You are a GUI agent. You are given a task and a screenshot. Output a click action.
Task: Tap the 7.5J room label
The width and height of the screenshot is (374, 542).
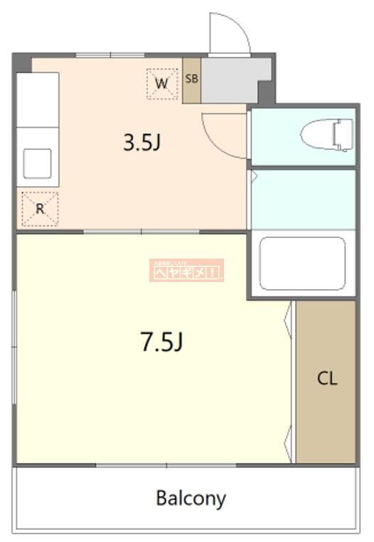[x=163, y=342]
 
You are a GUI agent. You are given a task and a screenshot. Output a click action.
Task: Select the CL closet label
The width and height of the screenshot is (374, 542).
[x=326, y=379]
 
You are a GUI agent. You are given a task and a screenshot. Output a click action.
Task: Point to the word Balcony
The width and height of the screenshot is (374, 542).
[x=191, y=498]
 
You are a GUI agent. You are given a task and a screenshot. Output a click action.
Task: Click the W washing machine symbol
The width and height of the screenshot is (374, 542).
[x=162, y=84]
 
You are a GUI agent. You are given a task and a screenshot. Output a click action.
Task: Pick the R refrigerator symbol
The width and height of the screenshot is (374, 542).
[x=40, y=209]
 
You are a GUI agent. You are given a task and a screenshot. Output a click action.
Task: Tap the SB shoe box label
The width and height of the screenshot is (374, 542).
[x=191, y=79]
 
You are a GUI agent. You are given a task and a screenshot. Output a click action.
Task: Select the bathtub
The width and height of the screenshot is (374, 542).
[x=302, y=263]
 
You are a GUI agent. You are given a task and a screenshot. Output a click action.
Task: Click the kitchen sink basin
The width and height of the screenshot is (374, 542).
[x=37, y=163]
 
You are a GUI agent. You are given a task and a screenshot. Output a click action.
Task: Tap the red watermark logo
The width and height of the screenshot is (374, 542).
[x=186, y=270]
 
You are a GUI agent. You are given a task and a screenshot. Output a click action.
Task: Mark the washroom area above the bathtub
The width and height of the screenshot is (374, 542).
[x=302, y=199]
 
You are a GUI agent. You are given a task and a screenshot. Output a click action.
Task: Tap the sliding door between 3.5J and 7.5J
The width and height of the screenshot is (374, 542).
[x=142, y=232]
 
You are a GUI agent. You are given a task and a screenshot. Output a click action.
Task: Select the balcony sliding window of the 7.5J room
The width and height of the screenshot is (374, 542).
[x=166, y=465]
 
